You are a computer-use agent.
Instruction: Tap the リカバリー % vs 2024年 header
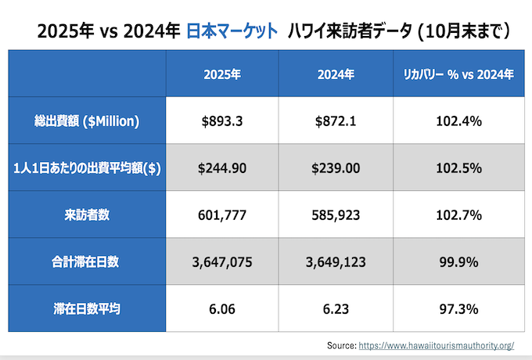[x=458, y=75]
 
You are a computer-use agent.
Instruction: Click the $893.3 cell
[x=221, y=121]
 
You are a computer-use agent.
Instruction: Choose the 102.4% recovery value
[x=458, y=121]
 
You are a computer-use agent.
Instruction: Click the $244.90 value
[x=221, y=168]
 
